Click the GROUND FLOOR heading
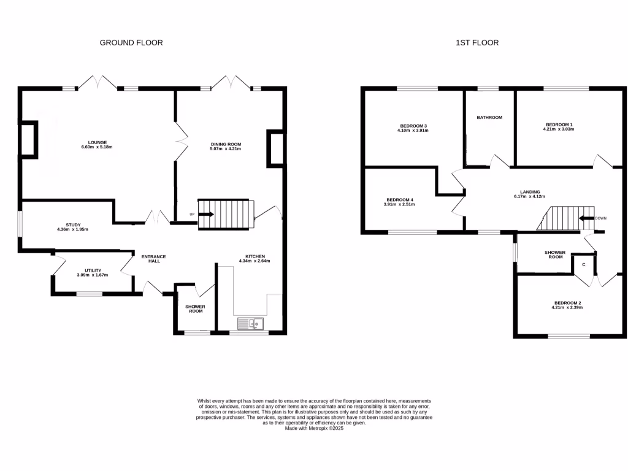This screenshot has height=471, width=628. [x=131, y=43]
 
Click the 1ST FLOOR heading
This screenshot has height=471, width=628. [x=477, y=43]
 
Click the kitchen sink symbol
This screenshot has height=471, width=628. [x=250, y=324]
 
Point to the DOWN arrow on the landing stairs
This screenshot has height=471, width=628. [x=586, y=218]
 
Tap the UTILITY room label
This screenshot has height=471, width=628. [x=92, y=270]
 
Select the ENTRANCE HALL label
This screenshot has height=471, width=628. [x=154, y=259]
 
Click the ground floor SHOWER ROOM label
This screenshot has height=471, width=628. [x=195, y=308]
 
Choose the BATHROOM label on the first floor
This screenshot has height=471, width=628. [x=489, y=118]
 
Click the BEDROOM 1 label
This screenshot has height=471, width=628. [x=559, y=124]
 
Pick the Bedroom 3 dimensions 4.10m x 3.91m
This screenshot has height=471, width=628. [x=413, y=131]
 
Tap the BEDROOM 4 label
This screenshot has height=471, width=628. [x=400, y=199]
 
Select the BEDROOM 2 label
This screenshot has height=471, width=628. [x=567, y=302]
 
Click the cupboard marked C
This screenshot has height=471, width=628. [x=584, y=264]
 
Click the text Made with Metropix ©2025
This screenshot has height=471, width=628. [x=314, y=428]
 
